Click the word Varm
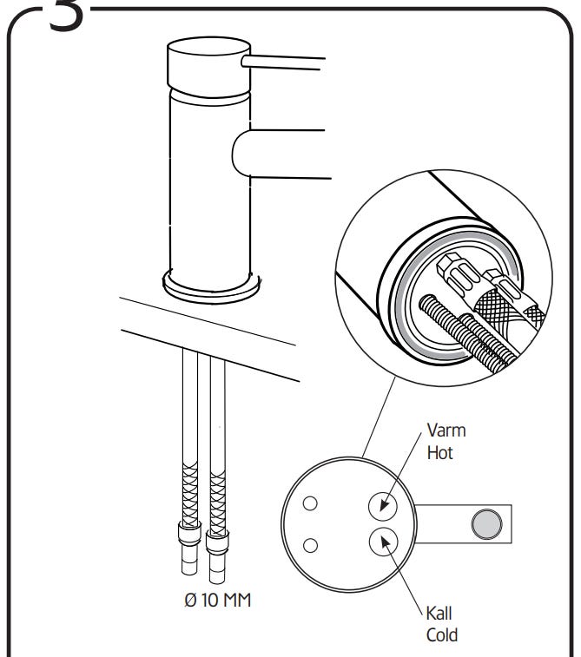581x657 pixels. [446, 431]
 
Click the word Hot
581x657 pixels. [440, 452]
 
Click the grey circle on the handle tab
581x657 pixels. [486, 522]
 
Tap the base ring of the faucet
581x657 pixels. [211, 284]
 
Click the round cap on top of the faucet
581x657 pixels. [202, 65]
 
